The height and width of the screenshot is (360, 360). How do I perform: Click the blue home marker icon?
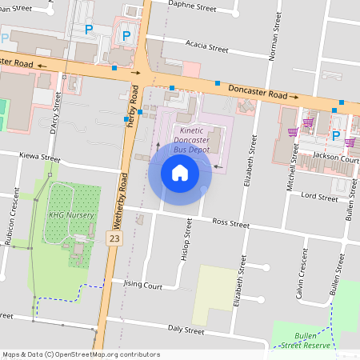[180, 172]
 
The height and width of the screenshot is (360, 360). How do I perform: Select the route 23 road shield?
[115, 238]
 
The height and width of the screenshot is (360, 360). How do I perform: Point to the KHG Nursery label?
[70, 215]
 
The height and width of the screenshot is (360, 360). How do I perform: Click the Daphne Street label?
[194, 6]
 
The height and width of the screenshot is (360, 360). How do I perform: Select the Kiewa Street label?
[39, 158]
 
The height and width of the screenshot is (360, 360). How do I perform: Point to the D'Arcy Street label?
[55, 112]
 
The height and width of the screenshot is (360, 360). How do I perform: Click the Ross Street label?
[230, 222]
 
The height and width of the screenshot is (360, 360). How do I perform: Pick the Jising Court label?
[142, 284]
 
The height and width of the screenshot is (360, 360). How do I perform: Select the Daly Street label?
[186, 330]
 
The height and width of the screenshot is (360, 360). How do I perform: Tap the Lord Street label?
[318, 195]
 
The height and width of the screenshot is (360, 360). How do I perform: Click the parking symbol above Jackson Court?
[336, 135]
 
